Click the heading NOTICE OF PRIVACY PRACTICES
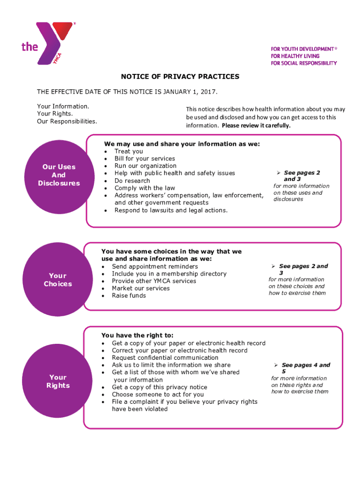(x=180, y=77)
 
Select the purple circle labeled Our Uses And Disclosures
(x=58, y=175)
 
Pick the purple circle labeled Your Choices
(x=58, y=280)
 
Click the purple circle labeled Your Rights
(x=58, y=381)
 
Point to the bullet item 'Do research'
(x=132, y=181)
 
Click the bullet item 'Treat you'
(x=129, y=151)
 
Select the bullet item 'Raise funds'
(x=129, y=296)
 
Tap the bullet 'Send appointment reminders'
(x=155, y=267)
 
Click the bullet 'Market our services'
(x=140, y=288)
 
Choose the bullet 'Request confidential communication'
(x=165, y=358)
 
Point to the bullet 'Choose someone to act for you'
(x=158, y=394)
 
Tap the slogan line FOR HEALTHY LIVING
(x=295, y=56)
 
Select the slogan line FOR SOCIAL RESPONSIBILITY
(x=303, y=63)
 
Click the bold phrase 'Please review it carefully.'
(x=256, y=126)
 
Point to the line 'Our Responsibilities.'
(x=67, y=121)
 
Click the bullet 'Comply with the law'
(x=144, y=188)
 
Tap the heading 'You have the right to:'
(x=137, y=335)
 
